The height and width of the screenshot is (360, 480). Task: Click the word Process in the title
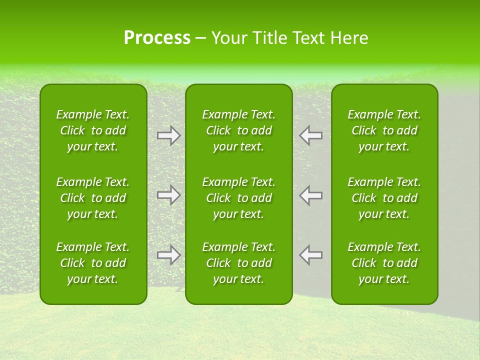coord(157,38)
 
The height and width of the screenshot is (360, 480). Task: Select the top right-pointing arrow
coord(169,135)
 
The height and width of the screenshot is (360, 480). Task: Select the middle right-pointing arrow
coord(169,195)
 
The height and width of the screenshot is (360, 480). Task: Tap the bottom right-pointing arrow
coord(169,255)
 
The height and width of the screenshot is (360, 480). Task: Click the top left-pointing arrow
coord(311,135)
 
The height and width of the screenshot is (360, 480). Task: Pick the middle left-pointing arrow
coord(311,195)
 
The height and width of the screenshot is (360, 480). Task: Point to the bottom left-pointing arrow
coord(311,255)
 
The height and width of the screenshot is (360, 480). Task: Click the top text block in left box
coord(93,130)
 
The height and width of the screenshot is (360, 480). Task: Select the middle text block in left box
coord(93,198)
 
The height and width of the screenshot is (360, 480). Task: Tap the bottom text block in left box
coord(93,263)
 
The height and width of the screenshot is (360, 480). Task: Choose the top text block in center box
coord(239,130)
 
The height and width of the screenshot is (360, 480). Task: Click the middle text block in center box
coord(239,198)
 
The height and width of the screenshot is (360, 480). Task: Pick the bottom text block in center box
coord(239,263)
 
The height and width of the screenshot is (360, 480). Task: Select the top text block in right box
coord(384,130)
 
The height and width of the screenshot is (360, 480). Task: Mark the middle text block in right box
coord(384,198)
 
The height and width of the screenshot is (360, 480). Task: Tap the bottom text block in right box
coord(384,263)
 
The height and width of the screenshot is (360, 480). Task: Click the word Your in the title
coord(228,38)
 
